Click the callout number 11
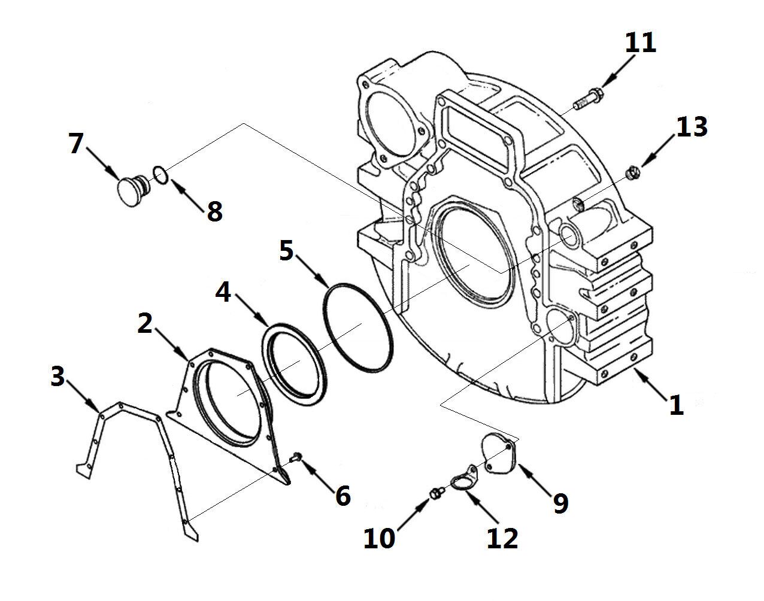click(x=640, y=44)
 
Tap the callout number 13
click(x=692, y=128)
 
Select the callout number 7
click(x=75, y=144)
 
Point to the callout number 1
click(x=675, y=405)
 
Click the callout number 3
click(x=57, y=377)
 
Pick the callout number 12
click(x=502, y=538)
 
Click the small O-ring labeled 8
click(x=160, y=174)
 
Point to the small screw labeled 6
click(x=293, y=458)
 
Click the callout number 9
click(x=560, y=504)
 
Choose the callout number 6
click(x=342, y=495)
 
